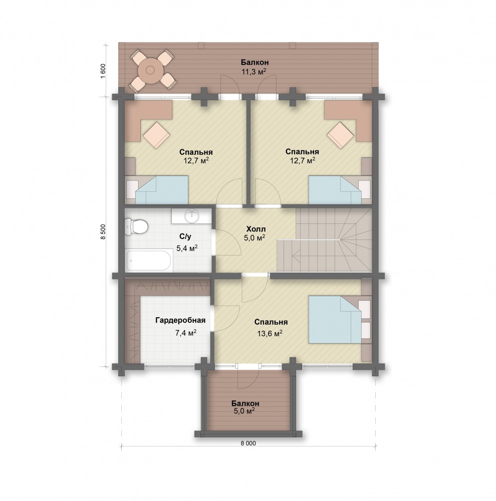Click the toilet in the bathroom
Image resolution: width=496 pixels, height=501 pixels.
coord(136,227)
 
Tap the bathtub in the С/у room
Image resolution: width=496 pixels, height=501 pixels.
coord(149,261)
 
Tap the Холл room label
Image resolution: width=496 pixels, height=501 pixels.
coord(256,229)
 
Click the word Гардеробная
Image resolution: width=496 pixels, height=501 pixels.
coord(180,320)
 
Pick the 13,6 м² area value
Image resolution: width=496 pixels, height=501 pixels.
coord(270,333)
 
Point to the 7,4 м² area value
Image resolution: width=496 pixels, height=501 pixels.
coord(185,333)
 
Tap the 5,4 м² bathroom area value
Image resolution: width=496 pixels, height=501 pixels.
coord(187,247)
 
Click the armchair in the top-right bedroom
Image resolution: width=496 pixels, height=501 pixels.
coord(340,135)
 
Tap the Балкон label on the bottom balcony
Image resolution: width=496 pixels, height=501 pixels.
coord(245,403)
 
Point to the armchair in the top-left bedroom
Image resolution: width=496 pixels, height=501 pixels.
coord(156,135)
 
